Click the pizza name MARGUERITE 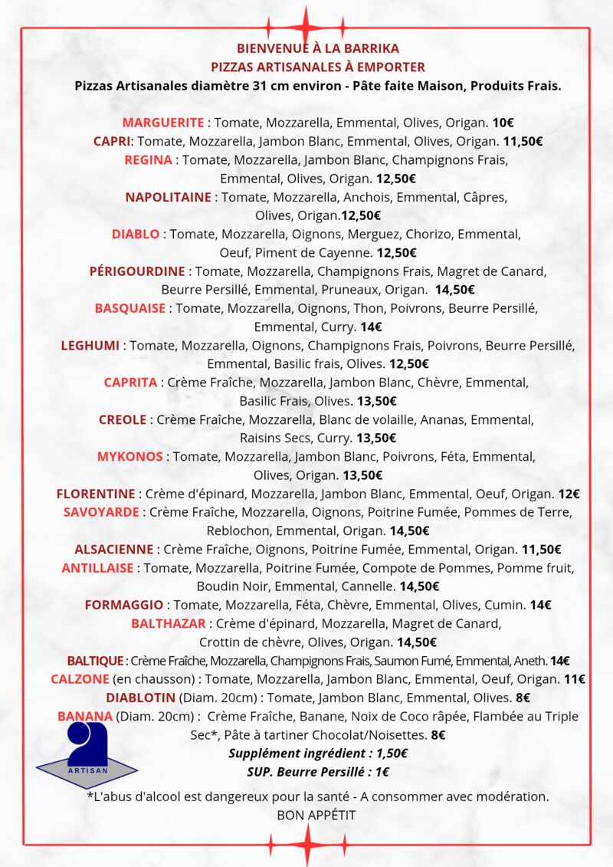point(163,123)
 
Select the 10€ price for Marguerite point(503,123)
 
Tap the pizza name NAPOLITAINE point(168,197)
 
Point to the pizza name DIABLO point(136,234)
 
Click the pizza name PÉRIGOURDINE point(137,271)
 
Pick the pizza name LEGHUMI point(90,345)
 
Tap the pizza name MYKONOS point(129,456)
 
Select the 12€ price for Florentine point(569,494)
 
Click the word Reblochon point(239,530)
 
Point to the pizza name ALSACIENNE point(114,549)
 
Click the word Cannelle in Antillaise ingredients point(370,586)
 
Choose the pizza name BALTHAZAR point(169,623)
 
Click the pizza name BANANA point(85,716)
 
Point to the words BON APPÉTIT point(316,815)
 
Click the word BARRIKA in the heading point(371,48)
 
